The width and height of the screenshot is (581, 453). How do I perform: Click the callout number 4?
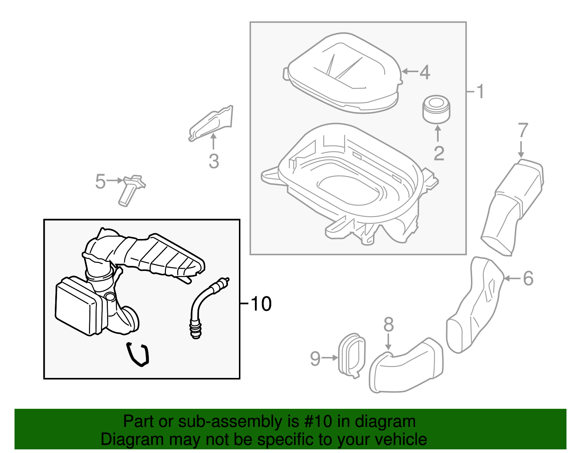(425, 72)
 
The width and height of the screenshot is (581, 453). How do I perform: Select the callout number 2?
(439, 153)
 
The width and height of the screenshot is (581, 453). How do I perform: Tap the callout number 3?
(214, 161)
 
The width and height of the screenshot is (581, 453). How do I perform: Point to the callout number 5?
(100, 181)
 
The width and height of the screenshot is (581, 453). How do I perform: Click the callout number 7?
(523, 131)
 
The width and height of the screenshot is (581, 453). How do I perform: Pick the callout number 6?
(528, 279)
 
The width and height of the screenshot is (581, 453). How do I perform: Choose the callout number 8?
(389, 324)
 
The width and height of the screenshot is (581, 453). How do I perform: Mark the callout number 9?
(315, 358)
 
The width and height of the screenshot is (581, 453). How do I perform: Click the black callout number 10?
(261, 304)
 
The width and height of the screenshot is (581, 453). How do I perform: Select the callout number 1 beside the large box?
(480, 91)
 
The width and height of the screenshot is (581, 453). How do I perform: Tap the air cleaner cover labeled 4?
(343, 73)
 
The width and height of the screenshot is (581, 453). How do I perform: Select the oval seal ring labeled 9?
(352, 355)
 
